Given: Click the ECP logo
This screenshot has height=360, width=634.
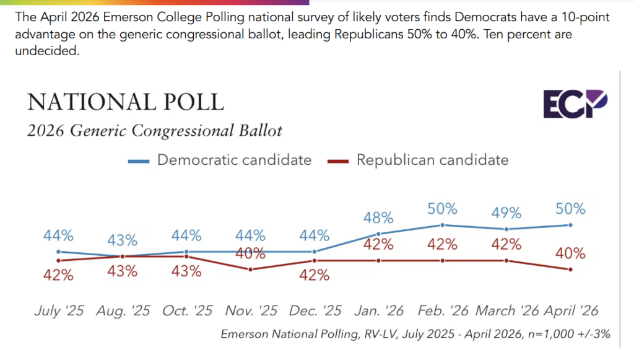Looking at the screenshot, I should coord(575,103).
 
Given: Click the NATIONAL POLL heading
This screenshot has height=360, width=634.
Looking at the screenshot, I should coord(125,102).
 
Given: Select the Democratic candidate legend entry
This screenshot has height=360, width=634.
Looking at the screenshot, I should coord(220,160).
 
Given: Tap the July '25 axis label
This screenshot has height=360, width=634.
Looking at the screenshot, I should coord(58,310).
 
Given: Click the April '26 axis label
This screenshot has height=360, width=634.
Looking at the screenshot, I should coord(570,310).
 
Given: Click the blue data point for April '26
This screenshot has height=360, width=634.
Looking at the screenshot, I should coord(570,225).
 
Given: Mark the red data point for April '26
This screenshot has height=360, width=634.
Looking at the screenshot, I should coord(570,269).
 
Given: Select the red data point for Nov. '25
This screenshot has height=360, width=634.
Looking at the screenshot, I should coord(250,269).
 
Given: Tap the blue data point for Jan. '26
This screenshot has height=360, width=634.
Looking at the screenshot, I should coord(378,234).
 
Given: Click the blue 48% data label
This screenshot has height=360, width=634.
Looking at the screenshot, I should coord(378,217).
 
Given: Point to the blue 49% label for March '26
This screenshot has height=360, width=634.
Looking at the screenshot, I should coord(506,213).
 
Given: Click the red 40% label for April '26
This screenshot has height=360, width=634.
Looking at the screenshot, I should coord(570,253).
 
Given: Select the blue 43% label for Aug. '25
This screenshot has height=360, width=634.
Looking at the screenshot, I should coord(123,240).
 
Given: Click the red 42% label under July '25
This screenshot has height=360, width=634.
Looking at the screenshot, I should coord(58,275).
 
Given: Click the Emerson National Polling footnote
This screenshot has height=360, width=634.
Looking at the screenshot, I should coord(415,334).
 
